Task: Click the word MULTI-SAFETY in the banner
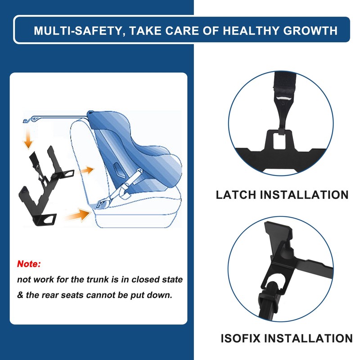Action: click(76, 31)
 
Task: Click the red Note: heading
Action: click(29, 263)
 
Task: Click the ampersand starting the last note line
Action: click(20, 296)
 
